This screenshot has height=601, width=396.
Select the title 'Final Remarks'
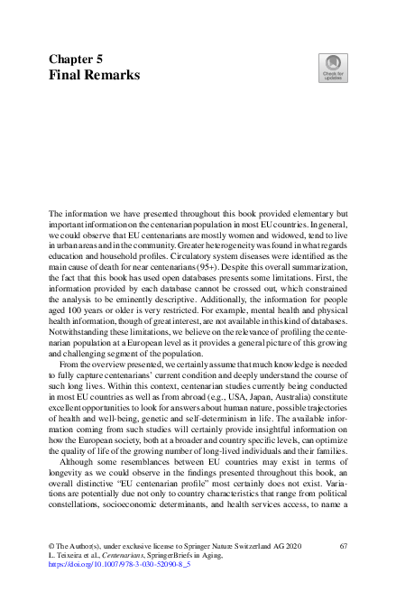tap(94, 75)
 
